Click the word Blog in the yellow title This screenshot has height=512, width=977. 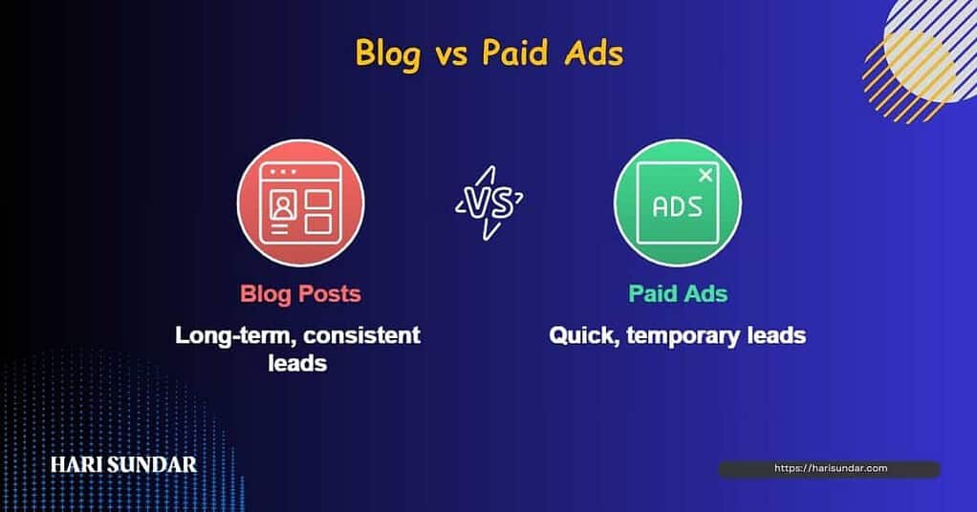pos(388,53)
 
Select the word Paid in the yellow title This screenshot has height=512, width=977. pos(514,53)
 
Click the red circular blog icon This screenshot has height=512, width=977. pos(301,203)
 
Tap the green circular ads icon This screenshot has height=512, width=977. pos(677,203)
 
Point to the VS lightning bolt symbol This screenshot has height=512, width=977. pos(489,203)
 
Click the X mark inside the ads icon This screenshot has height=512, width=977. pos(705,176)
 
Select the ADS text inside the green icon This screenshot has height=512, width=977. pos(677,207)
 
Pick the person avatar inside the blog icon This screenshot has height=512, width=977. pos(283,205)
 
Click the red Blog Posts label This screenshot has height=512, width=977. pos(301,293)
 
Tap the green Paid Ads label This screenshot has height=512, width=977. pos(678,293)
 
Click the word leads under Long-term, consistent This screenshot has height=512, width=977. pos(298,363)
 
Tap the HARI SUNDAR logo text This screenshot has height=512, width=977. pos(124,464)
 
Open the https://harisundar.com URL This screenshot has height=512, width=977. pos(831,468)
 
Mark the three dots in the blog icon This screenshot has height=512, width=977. pos(283,171)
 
